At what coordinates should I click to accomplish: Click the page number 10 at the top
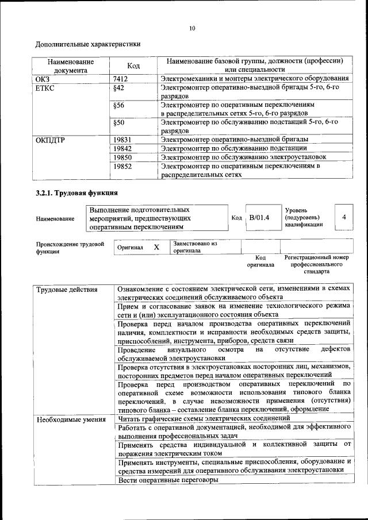[192, 28]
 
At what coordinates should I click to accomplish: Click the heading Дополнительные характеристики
[88, 44]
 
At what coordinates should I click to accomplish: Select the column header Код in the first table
[133, 66]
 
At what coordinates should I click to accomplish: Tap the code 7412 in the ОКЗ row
[120, 78]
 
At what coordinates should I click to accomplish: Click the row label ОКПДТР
[49, 140]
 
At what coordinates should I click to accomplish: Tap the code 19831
[122, 140]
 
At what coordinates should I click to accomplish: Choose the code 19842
[122, 148]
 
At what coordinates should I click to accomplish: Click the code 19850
[122, 157]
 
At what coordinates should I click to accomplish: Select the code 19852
[122, 165]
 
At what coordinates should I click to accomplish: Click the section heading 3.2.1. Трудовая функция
[76, 192]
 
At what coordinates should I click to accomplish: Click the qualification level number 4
[344, 217]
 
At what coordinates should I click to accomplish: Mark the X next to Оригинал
[156, 247]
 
